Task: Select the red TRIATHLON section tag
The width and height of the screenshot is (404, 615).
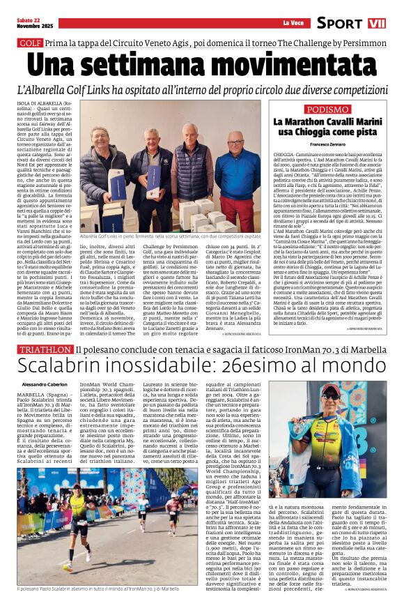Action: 44,348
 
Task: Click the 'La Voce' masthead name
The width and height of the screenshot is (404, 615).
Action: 292,23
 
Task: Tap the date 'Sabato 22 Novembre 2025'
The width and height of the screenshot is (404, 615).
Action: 29,23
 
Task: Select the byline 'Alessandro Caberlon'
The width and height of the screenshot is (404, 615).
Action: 45,385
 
